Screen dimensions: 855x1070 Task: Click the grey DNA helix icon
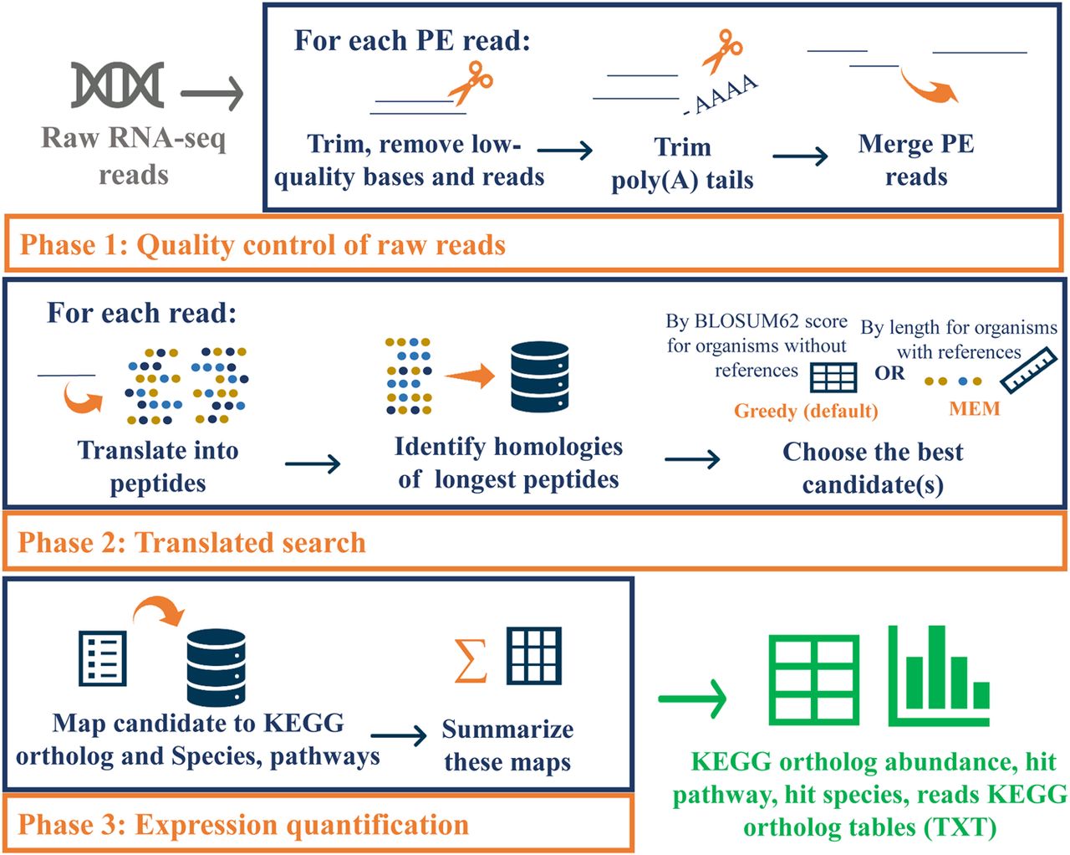(x=117, y=85)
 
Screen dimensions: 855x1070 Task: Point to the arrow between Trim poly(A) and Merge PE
(x=800, y=156)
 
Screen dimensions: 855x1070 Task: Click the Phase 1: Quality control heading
(x=262, y=245)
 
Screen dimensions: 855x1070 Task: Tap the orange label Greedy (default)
(x=806, y=411)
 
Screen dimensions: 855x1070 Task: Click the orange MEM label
(x=975, y=409)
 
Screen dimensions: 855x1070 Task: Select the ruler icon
(x=1029, y=370)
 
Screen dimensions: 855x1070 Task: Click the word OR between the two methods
(x=889, y=373)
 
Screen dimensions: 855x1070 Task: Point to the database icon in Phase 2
(x=539, y=376)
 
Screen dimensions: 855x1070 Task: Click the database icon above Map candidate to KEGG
(x=216, y=668)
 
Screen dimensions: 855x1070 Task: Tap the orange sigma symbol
(x=470, y=660)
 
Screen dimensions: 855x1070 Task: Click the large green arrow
(x=692, y=698)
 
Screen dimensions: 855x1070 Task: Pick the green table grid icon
(x=813, y=678)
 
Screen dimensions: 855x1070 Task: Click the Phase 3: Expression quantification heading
(x=243, y=825)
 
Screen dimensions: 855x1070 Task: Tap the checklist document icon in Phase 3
(x=102, y=658)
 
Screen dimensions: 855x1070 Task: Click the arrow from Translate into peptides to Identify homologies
(x=313, y=463)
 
